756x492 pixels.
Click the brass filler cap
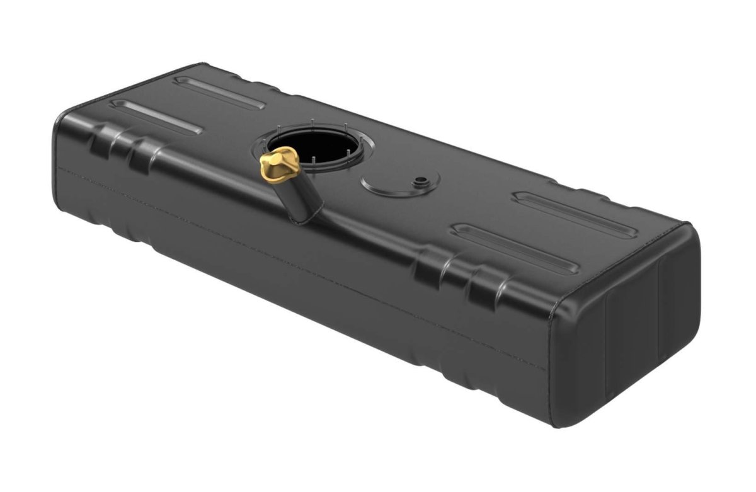tap(278, 162)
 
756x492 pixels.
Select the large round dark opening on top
tap(312, 147)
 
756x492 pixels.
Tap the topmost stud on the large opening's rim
tap(312, 121)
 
